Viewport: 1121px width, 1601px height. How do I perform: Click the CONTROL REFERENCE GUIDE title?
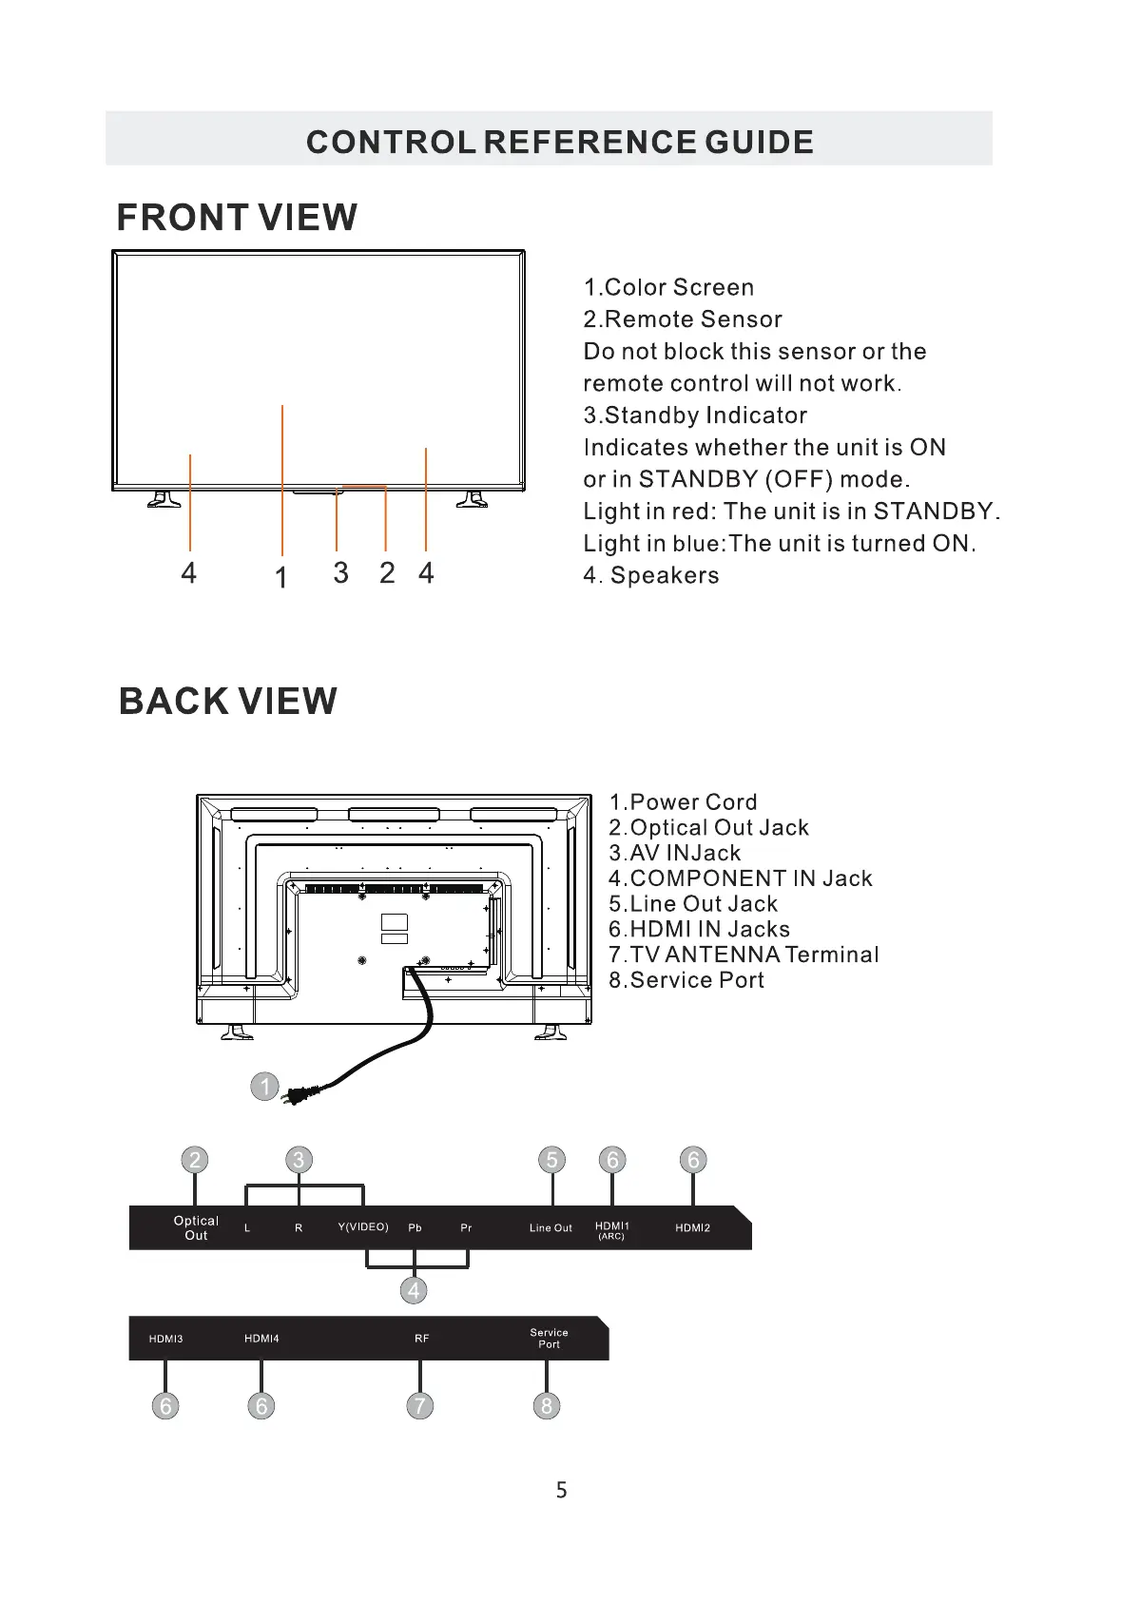click(559, 143)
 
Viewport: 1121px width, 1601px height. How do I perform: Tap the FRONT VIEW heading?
click(237, 218)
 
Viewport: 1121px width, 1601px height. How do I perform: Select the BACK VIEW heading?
click(228, 702)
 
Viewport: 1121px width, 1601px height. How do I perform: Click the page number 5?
click(561, 1490)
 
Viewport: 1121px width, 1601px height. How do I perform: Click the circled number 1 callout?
click(264, 1086)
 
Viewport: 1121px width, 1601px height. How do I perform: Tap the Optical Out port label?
click(196, 1227)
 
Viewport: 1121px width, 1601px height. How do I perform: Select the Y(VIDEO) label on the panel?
click(363, 1226)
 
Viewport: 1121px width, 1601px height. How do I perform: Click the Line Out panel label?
click(551, 1227)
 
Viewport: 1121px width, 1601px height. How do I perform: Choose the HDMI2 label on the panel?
click(692, 1227)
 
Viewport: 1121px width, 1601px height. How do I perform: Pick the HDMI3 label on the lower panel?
click(165, 1339)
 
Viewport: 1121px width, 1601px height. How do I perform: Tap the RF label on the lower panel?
click(421, 1339)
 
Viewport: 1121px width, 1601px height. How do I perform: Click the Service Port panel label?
click(549, 1339)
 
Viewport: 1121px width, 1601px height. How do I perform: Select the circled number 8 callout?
click(546, 1405)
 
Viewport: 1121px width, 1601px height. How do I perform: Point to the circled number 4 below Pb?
click(414, 1290)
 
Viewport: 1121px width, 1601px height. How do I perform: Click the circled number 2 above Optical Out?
click(195, 1160)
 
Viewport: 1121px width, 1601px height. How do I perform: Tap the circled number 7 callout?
click(419, 1405)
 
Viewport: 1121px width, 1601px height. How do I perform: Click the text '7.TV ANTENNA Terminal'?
click(744, 955)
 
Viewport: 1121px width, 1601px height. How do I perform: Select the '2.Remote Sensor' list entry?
click(683, 319)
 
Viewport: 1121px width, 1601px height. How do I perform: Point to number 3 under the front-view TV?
click(340, 572)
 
